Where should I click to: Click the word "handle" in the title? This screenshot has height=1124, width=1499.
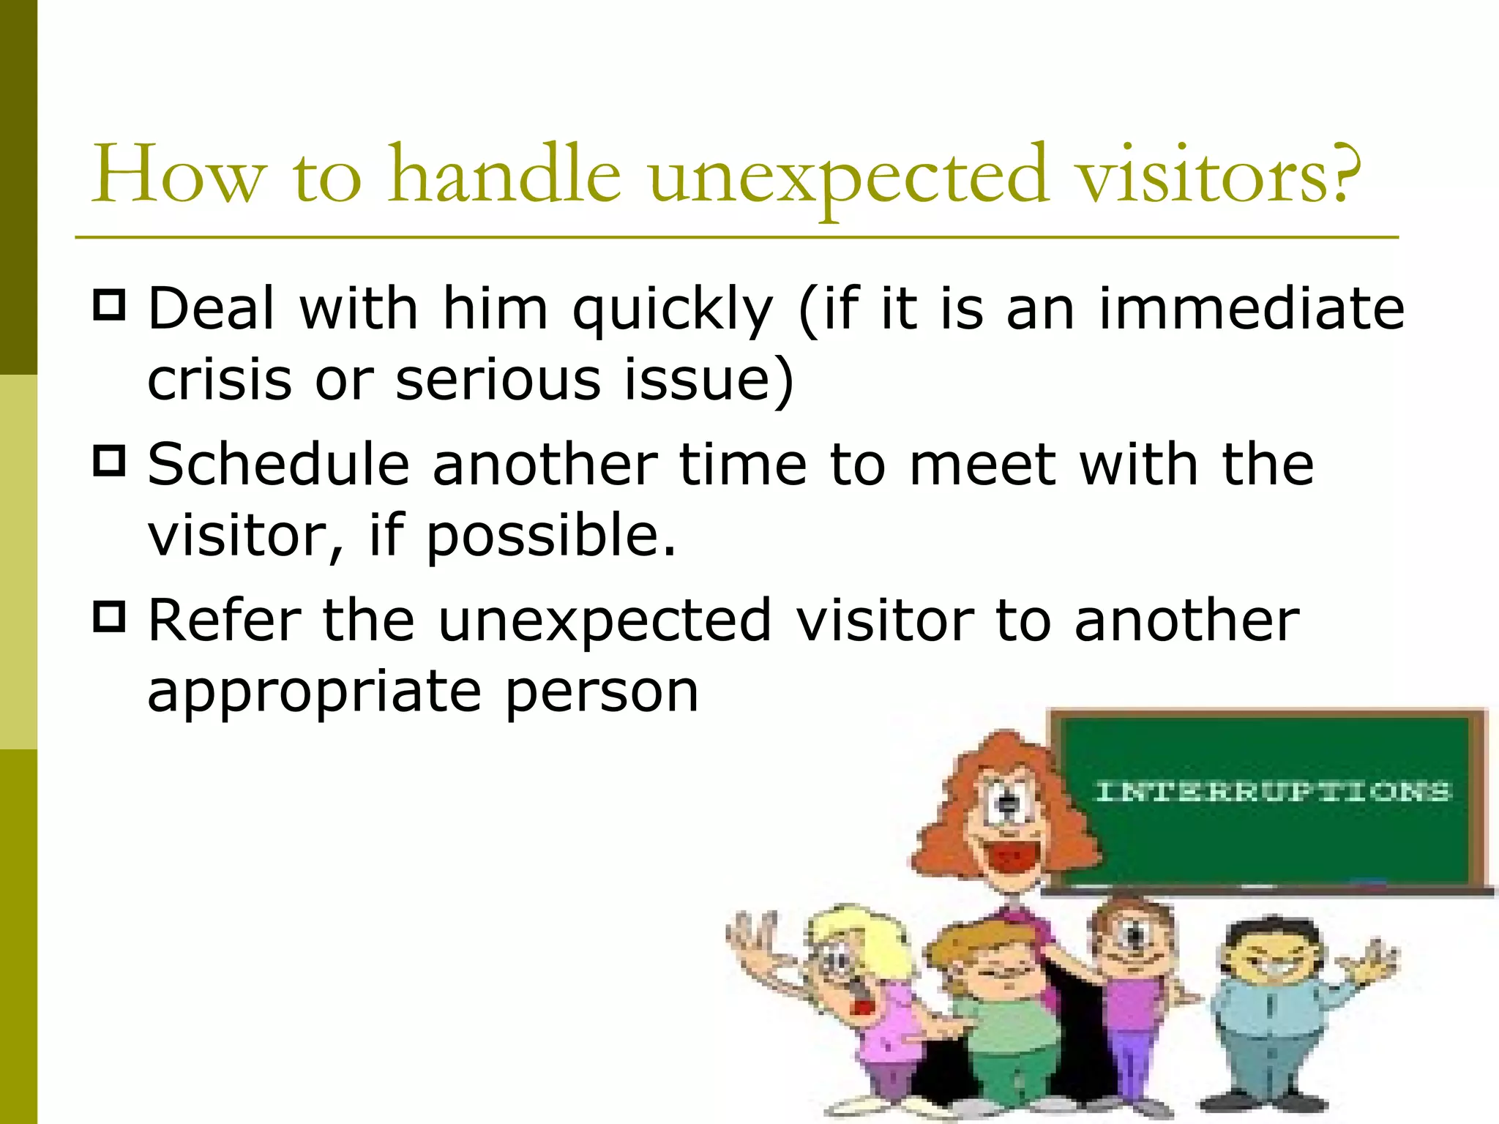505,176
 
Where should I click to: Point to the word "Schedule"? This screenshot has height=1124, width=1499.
278,464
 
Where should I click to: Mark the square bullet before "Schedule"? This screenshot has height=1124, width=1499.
110,461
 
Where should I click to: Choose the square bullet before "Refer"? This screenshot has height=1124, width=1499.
110,617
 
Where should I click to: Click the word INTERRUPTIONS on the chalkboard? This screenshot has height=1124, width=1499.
1272,792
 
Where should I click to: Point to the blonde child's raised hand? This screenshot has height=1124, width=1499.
750,940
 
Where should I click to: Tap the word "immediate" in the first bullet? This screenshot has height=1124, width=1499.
1252,309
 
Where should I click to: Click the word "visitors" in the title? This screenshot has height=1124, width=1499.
1200,176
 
